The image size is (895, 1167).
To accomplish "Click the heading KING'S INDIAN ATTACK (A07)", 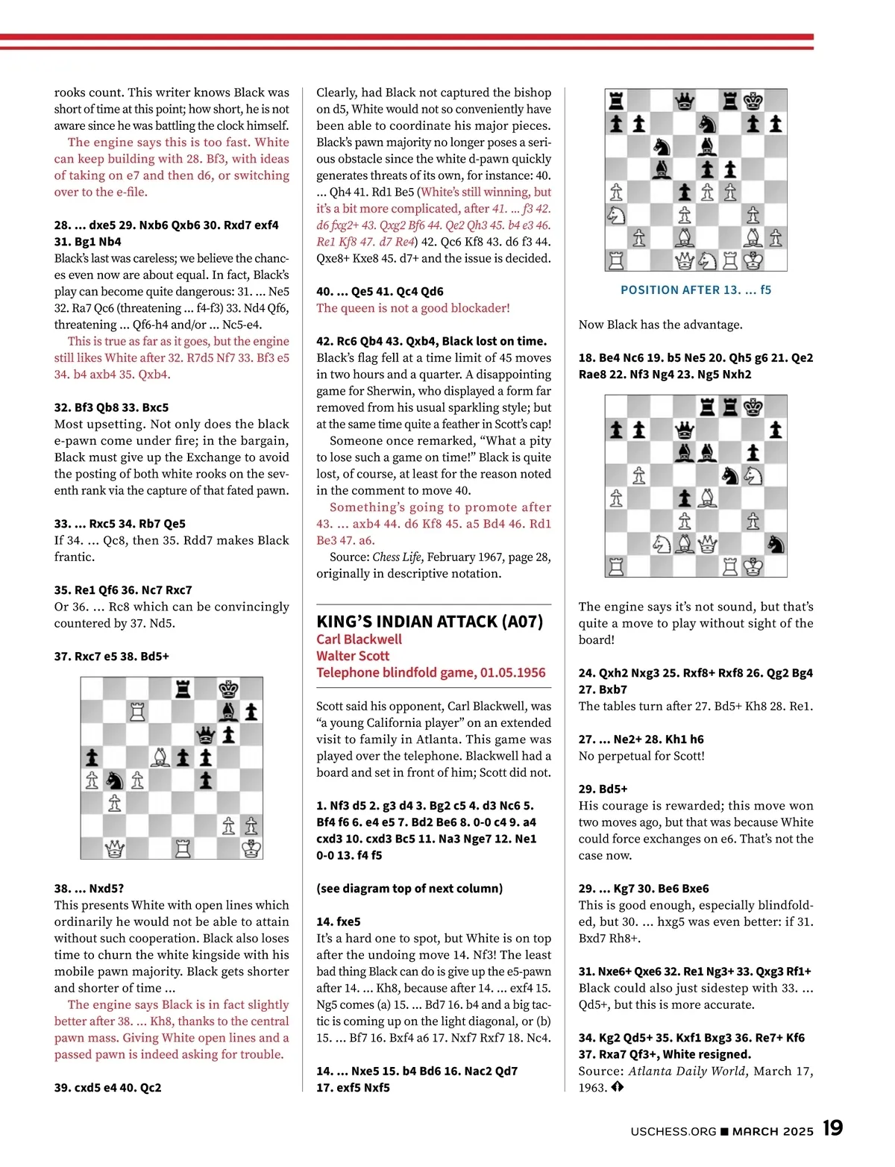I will coord(430,622).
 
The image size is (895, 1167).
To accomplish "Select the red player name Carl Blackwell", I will coord(359,639).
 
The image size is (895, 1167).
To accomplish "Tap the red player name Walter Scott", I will coord(353,656).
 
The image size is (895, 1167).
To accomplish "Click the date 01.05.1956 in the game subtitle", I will coord(512,672).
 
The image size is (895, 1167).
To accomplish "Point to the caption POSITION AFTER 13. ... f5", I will coord(696,290).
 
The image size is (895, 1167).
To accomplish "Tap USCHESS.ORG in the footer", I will coord(673,1131).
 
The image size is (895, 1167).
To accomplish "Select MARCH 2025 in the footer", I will coord(773,1131).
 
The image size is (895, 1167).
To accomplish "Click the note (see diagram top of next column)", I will coord(409,888).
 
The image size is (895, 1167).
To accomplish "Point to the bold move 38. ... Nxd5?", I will coord(89,888).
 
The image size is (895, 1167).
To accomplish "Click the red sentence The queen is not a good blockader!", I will coord(413,308).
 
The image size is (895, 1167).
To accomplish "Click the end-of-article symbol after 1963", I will coord(617,1087).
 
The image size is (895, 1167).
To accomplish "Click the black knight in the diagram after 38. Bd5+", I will coord(114,780).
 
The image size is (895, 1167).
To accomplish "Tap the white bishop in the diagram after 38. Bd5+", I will coord(160,757).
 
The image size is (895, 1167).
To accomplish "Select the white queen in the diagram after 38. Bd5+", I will coord(114,848).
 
